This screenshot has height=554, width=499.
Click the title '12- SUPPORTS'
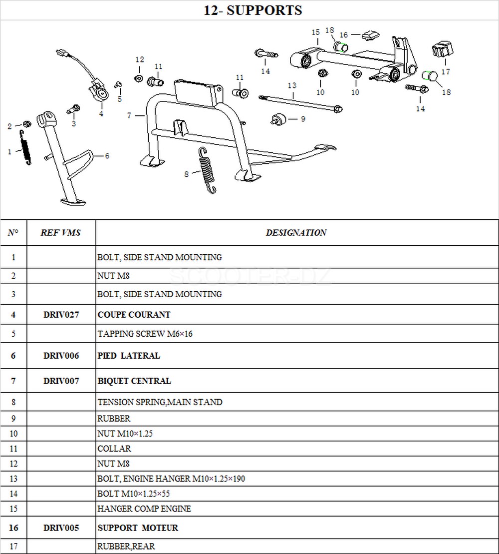click(253, 10)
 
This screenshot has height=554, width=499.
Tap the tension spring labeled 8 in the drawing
click(207, 169)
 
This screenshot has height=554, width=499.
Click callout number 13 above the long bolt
click(292, 86)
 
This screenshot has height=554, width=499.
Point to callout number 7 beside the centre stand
click(129, 115)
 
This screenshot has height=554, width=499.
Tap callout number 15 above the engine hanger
click(315, 32)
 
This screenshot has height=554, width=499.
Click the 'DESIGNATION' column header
click(296, 232)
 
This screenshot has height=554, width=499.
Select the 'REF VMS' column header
click(61, 232)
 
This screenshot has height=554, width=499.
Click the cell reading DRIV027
click(61, 315)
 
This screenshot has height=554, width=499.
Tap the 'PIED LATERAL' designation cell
click(129, 356)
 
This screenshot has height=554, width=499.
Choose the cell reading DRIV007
click(61, 381)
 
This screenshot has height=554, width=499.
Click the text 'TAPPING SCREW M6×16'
click(145, 334)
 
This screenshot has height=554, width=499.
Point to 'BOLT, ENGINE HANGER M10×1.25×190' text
click(171, 479)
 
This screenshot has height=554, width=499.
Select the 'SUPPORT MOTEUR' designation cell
click(138, 528)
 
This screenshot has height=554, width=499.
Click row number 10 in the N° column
click(13, 434)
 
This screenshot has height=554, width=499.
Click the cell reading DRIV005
click(61, 528)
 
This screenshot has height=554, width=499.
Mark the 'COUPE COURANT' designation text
click(134, 315)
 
